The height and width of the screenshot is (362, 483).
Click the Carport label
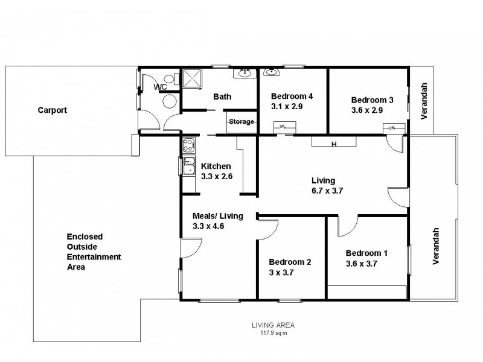point(52,110)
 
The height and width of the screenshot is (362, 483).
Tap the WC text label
point(160,87)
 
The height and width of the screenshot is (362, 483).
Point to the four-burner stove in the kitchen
point(188,145)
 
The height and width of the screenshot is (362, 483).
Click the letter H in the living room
point(333,144)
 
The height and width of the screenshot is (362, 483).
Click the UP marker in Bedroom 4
point(282,126)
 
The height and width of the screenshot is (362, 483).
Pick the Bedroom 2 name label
point(290,262)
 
